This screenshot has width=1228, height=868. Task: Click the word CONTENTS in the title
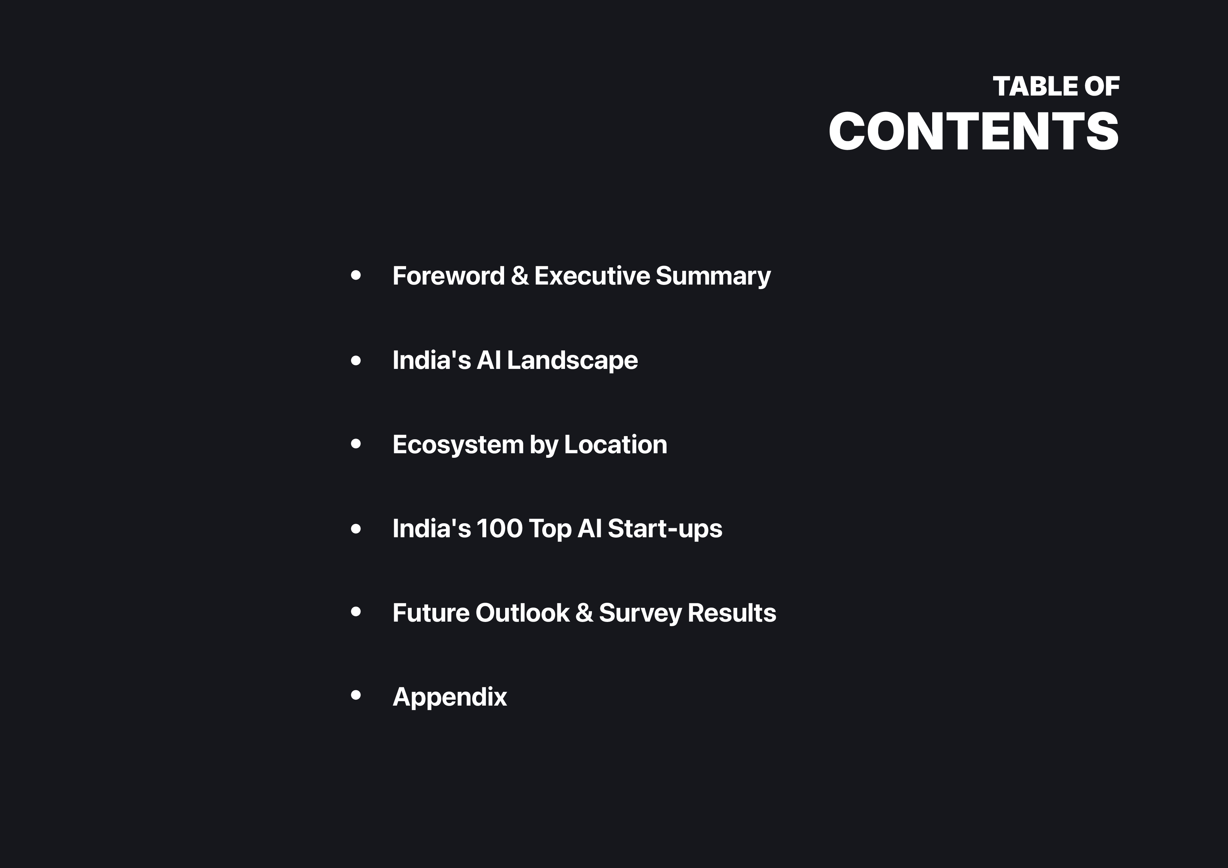coord(974,132)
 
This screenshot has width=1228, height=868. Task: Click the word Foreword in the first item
coord(448,276)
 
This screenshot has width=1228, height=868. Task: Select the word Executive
coord(592,276)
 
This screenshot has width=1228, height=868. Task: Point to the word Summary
coord(713,276)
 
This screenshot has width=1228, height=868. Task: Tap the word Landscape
coord(572,360)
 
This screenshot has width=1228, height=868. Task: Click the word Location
coord(616,444)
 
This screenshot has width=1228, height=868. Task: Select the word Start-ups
coord(665,528)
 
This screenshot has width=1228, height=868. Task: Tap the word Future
coord(431,612)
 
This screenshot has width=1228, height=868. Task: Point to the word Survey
coord(640,612)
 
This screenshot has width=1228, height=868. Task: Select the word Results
coord(732,612)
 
